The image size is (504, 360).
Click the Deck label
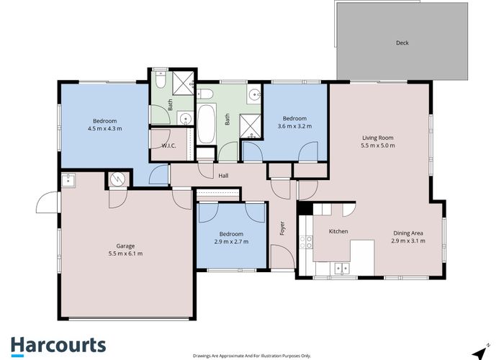[402, 42]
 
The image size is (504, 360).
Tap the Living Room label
[378, 138]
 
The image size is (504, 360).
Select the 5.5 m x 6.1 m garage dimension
[125, 253]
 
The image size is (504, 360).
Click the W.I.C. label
[168, 145]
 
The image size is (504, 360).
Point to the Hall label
[223, 176]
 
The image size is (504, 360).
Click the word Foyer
[282, 228]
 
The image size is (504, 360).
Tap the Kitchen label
[338, 231]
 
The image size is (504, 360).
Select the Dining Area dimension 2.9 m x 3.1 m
[408, 240]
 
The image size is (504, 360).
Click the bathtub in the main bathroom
[206, 124]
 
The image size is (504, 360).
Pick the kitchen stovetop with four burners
[306, 242]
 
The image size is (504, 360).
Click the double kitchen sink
[341, 268]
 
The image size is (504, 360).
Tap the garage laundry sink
[68, 180]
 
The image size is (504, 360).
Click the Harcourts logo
[58, 346]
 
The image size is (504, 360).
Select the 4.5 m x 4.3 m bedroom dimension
[105, 129]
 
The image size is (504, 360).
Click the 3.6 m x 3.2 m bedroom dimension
[294, 126]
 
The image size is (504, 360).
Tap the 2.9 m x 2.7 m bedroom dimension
[231, 241]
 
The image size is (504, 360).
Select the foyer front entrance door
[283, 256]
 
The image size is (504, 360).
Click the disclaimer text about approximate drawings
[252, 356]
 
